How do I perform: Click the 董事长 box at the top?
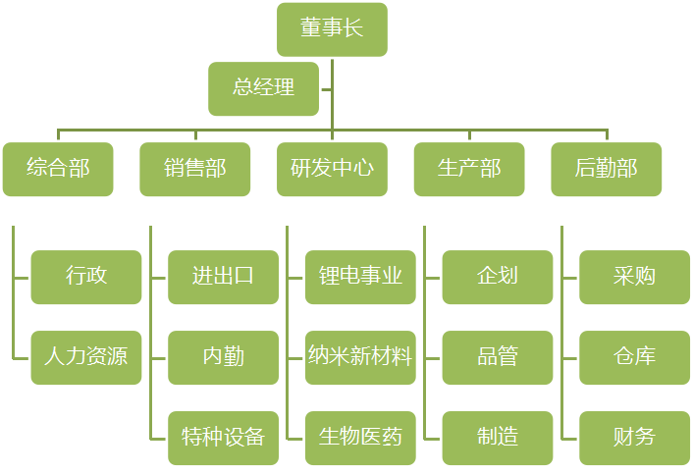click(x=332, y=28)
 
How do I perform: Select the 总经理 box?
click(x=263, y=88)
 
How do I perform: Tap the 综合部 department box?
click(x=58, y=169)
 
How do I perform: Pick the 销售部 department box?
click(x=194, y=169)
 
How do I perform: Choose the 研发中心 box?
click(x=332, y=169)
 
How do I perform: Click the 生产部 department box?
click(x=469, y=169)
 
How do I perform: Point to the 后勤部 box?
click(x=606, y=169)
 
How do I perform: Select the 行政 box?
click(x=86, y=277)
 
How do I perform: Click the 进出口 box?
click(x=223, y=277)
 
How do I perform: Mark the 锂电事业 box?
click(x=360, y=277)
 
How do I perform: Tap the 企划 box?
click(x=498, y=277)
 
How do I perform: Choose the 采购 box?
click(x=634, y=277)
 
